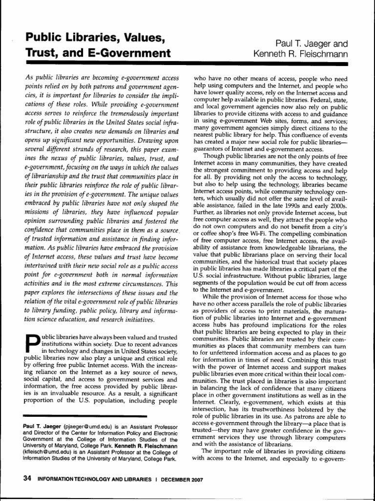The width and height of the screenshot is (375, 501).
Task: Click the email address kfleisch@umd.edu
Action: (x=45, y=448)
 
